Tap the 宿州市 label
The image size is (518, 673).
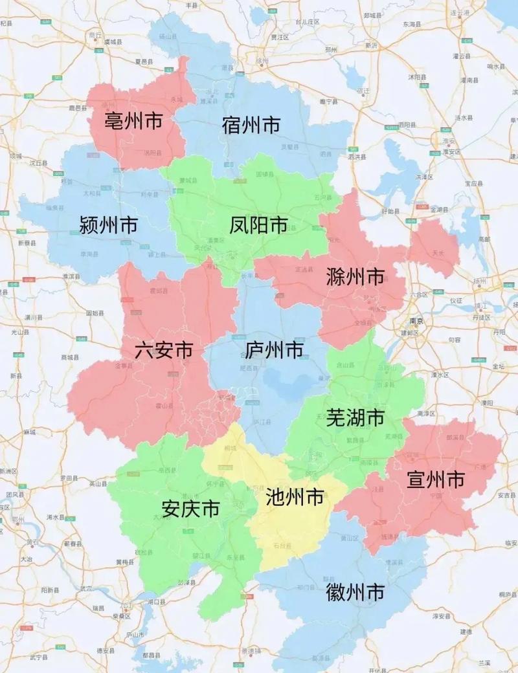pyautogui.click(x=251, y=124)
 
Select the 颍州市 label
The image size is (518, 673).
pyautogui.click(x=109, y=225)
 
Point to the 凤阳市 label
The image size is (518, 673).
pyautogui.click(x=259, y=225)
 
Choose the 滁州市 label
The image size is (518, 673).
pyautogui.click(x=355, y=278)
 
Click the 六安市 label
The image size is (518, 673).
pyautogui.click(x=164, y=350)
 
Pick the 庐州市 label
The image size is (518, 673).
pyautogui.click(x=275, y=350)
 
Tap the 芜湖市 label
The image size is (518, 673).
pyautogui.click(x=355, y=417)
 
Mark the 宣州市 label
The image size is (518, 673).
pyautogui.click(x=436, y=480)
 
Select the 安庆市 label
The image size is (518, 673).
pyautogui.click(x=191, y=509)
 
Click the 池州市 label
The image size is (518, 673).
pyautogui.click(x=295, y=497)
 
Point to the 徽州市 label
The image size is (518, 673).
pyautogui.click(x=355, y=591)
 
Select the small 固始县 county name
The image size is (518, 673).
pyautogui.click(x=95, y=313)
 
